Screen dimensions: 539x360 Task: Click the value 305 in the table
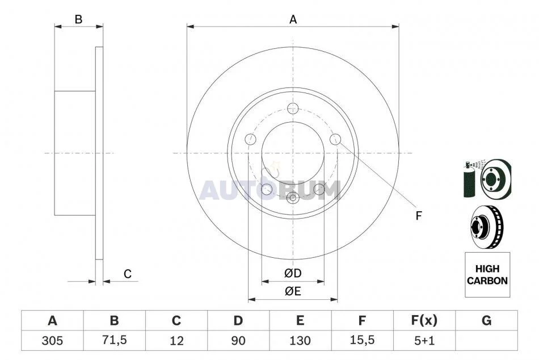point(52,341)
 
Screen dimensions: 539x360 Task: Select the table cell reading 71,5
point(115,340)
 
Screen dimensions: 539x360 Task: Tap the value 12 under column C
point(176,341)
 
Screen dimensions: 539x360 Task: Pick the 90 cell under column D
point(238,341)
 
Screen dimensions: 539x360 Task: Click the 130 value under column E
point(300,341)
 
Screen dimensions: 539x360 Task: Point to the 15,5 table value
point(362,340)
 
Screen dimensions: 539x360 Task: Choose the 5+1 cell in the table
point(424,341)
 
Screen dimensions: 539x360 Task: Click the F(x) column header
point(424,321)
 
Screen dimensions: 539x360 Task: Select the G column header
point(486,321)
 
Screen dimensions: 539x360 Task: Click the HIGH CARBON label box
point(487,275)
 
